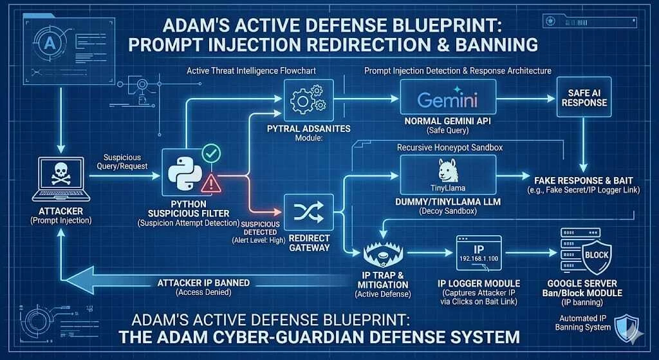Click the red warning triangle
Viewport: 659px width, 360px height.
(x=210, y=185)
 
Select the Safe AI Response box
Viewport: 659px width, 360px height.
(x=582, y=97)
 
